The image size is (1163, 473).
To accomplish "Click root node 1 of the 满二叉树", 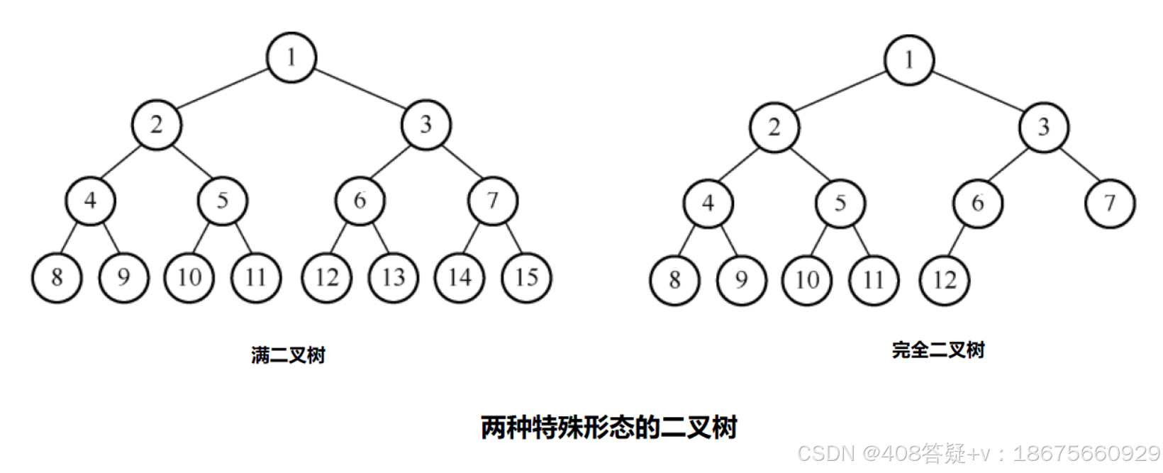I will (291, 57).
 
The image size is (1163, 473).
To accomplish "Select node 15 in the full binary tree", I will (526, 277).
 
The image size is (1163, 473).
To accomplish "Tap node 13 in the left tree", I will (393, 277).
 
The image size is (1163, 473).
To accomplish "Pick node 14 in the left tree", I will (460, 277).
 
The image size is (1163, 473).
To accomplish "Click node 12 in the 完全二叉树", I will (944, 280).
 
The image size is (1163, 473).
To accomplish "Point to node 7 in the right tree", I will (1110, 204).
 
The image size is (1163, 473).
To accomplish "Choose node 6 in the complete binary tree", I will (977, 204).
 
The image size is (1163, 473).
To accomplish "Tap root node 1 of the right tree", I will (908, 60).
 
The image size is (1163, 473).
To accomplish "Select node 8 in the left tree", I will (57, 277).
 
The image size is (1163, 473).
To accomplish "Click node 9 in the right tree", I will (741, 280).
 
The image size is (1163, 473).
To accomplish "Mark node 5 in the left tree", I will (222, 201).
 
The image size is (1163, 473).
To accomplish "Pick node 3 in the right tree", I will (1043, 128).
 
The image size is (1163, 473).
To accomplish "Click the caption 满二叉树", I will (288, 355).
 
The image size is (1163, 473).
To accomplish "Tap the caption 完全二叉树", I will (938, 350).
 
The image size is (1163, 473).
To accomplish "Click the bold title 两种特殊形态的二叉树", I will (608, 428).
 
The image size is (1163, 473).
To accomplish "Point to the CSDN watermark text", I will (979, 453).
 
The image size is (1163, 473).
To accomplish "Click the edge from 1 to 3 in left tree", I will (359, 90).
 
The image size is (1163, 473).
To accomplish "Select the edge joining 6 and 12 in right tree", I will (959, 241).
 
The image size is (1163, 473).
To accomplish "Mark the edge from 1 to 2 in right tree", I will (841, 92).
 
